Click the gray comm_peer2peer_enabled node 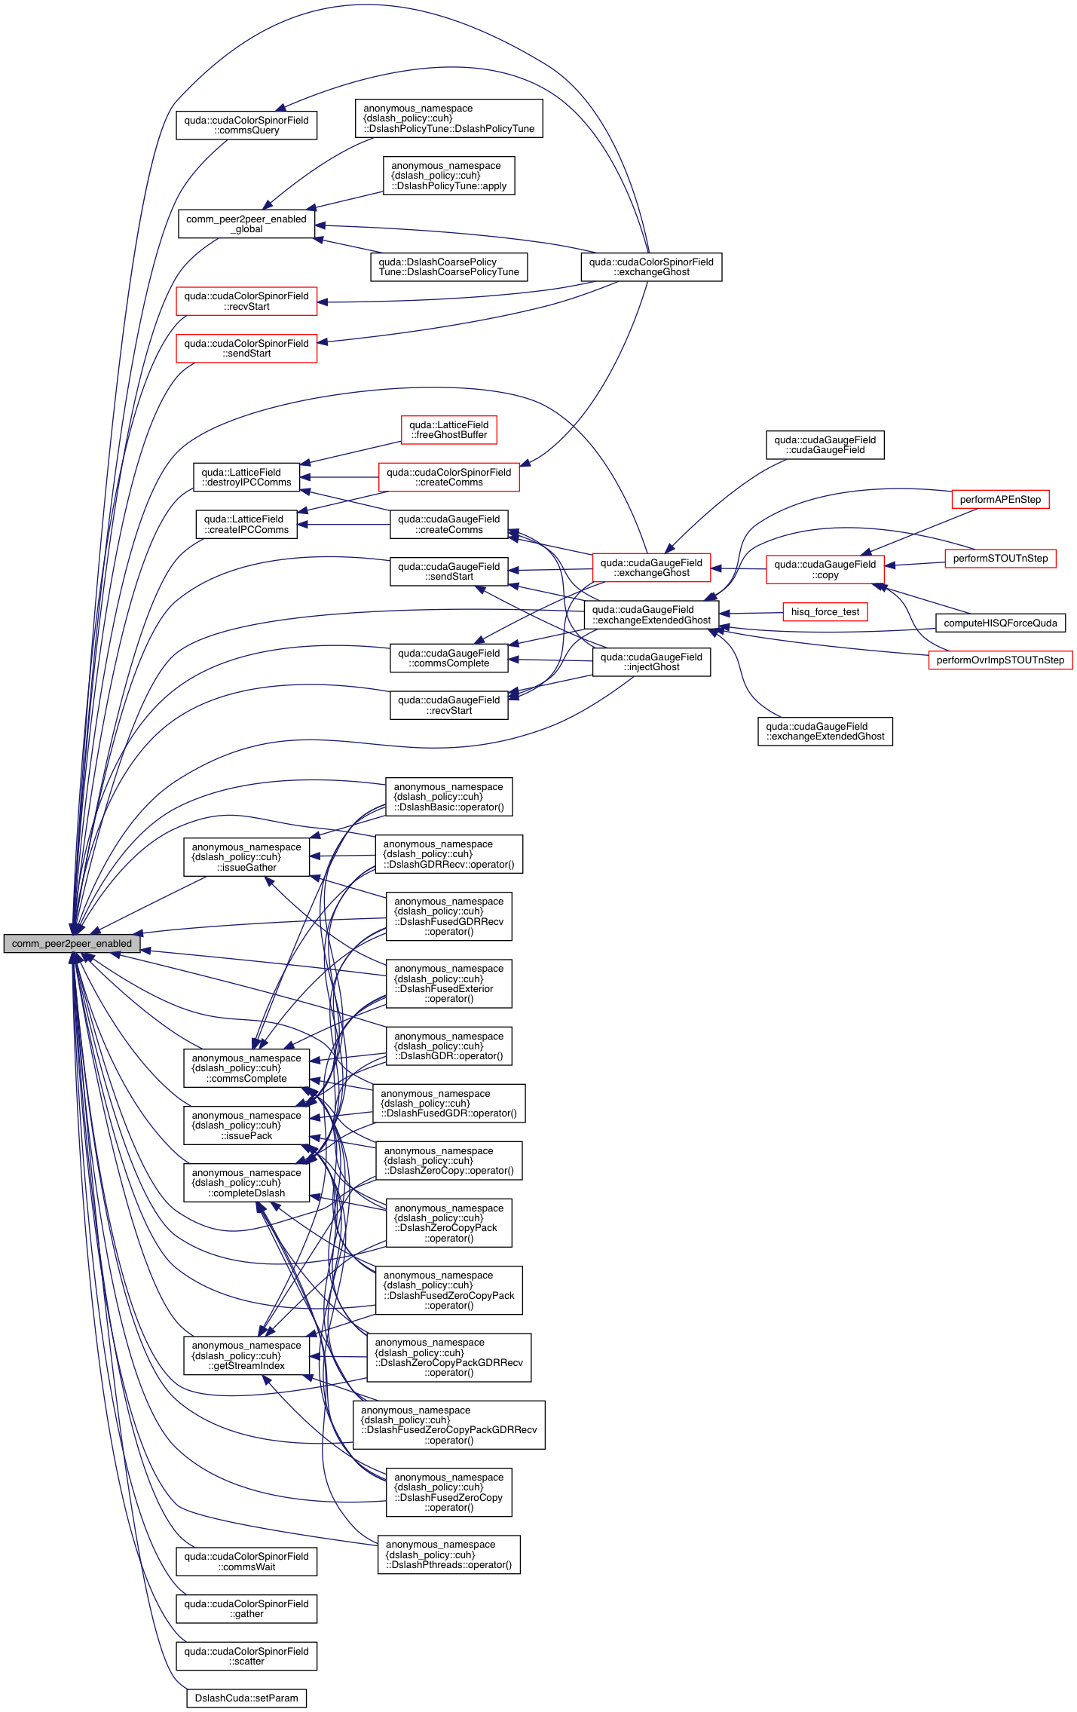click(x=72, y=943)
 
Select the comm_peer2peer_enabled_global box click(x=246, y=224)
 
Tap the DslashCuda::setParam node click(x=246, y=1698)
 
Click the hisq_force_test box click(x=825, y=611)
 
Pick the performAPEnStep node click(x=1000, y=499)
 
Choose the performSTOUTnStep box click(x=1000, y=558)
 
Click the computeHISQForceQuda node click(x=1000, y=623)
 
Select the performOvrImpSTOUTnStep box click(x=1000, y=660)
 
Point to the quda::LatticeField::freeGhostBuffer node click(x=448, y=430)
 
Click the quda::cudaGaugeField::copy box click(x=825, y=569)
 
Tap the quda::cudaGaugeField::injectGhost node click(x=651, y=662)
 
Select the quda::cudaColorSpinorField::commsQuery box click(x=246, y=125)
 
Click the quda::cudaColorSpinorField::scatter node click(x=246, y=1655)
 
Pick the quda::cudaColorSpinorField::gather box click(x=246, y=1608)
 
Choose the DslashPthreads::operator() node click(x=448, y=1554)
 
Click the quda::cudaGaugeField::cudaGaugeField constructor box click(x=825, y=445)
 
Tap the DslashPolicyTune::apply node click(x=448, y=176)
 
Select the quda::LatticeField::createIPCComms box click(x=246, y=524)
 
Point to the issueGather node click(x=246, y=857)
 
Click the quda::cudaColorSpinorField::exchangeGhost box click(x=651, y=267)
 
